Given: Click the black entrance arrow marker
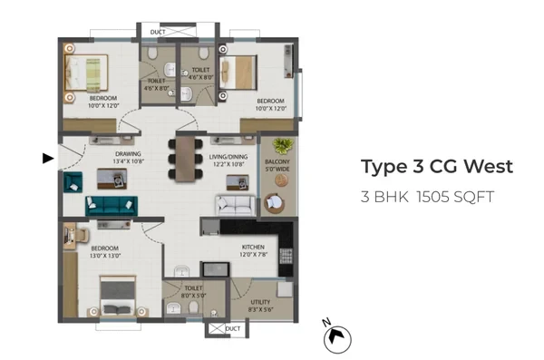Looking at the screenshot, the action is pos(48,159).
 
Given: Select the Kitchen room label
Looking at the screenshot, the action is pos(253,247).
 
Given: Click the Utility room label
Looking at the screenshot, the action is pos(260,302).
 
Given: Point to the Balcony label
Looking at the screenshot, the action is pos(277,161).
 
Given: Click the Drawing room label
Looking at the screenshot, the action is pos(128,154).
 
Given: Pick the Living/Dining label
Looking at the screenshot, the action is pos(228,157).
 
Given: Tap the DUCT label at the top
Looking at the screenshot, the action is pos(158,33).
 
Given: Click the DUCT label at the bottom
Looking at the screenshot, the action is pos(233,328).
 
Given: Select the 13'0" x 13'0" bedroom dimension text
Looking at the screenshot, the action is pos(105,256).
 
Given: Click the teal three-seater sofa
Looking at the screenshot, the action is pos(112,206).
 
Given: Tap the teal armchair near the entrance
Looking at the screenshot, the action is pos(73,182).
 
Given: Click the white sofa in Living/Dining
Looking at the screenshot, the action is pos(236,206).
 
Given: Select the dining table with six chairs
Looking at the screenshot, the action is pos(185,159).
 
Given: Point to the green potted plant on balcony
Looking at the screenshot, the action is pos(284,146).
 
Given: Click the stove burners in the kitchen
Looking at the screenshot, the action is pos(286,257).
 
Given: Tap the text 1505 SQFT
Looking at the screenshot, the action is pos(455,197).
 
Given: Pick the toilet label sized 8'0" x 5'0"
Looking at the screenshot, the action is pos(194,292).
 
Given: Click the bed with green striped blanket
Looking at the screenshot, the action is pos(86,73).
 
